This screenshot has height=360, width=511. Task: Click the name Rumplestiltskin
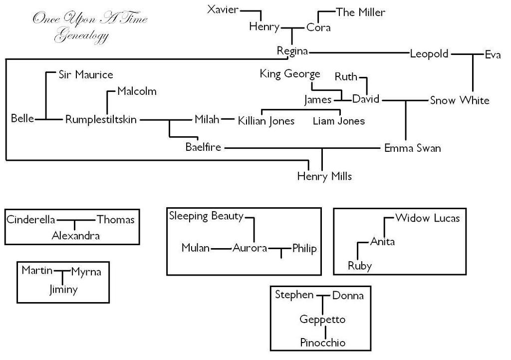[101, 120]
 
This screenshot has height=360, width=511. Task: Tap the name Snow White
[460, 100]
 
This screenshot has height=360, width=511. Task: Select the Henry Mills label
[324, 176]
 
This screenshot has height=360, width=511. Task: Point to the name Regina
[292, 51]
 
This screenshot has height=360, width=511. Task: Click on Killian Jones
[266, 121]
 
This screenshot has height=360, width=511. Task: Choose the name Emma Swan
[412, 148]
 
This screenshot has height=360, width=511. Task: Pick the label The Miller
[361, 12]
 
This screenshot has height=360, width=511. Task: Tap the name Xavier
[223, 10]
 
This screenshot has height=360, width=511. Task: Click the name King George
[290, 74]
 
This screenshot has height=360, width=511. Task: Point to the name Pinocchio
[323, 343]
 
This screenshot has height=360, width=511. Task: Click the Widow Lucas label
[427, 218]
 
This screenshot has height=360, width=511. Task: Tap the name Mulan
[196, 248]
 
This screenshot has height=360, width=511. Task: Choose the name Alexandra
[76, 236]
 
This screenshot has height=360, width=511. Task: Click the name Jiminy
[63, 290]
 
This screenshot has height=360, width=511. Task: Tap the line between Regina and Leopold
[359, 52]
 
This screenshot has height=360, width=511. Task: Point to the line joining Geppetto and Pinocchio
[325, 331]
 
